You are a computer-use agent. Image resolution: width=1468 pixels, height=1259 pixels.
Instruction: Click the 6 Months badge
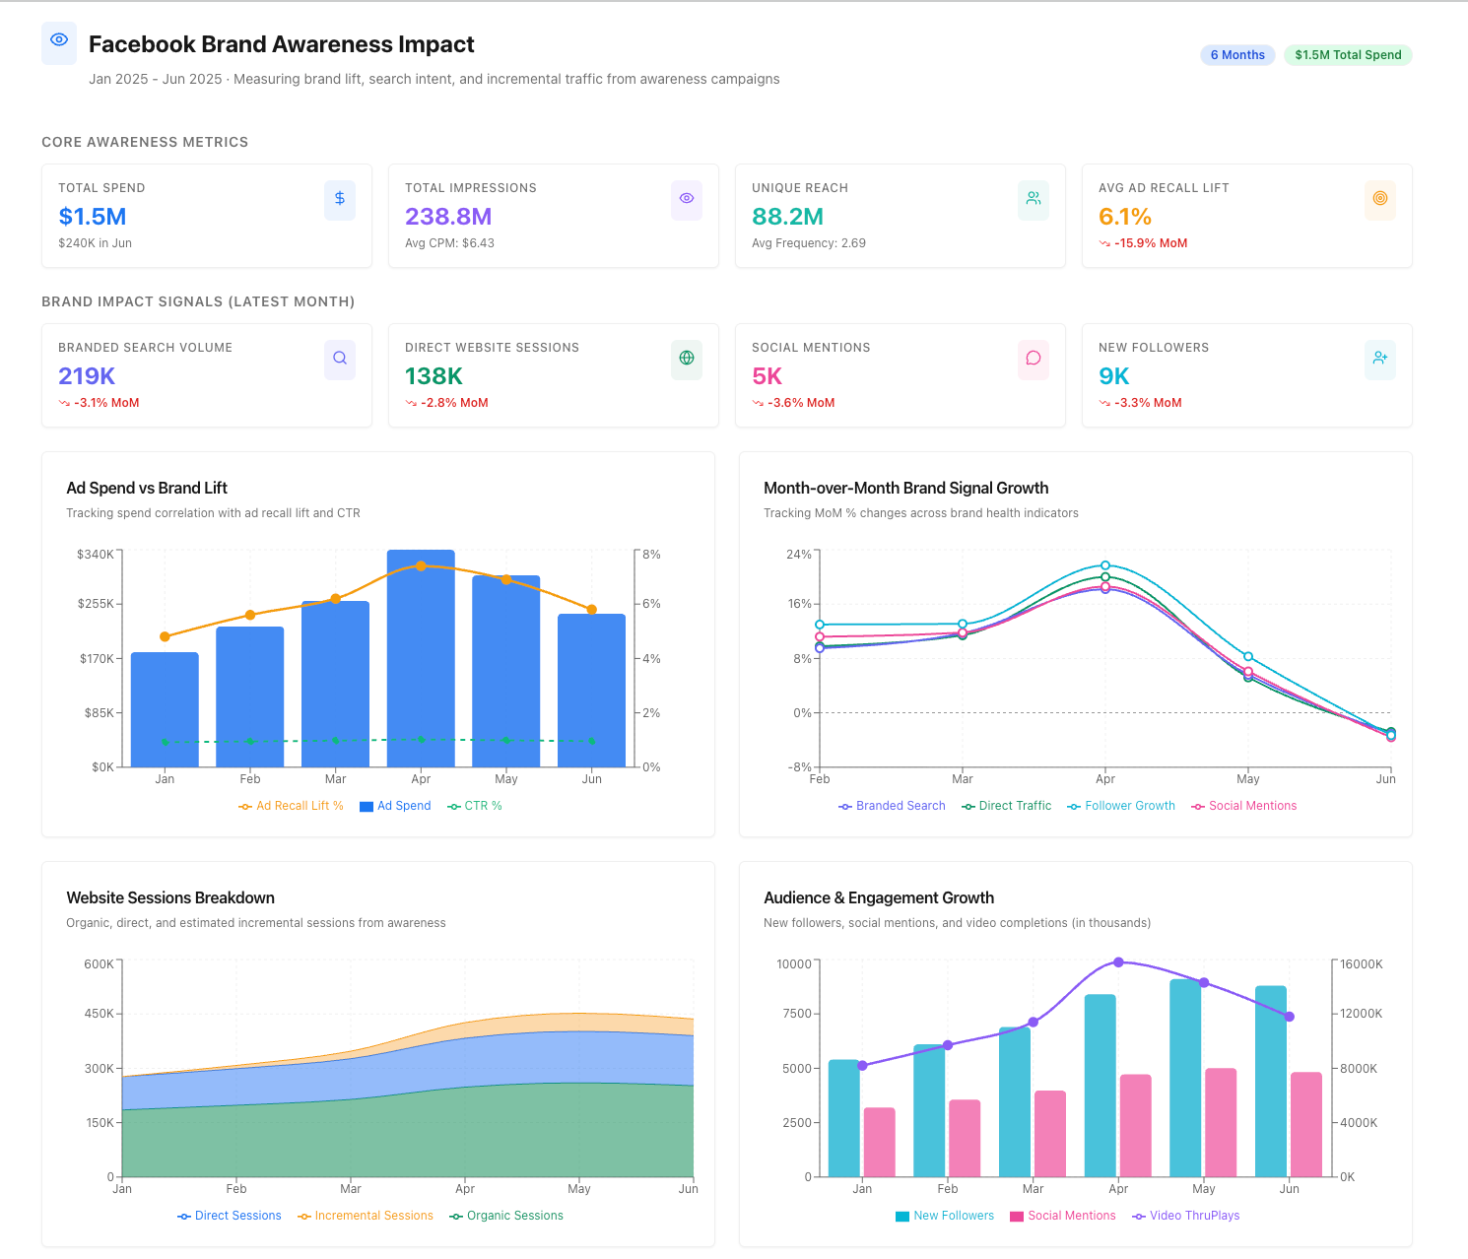[1236, 55]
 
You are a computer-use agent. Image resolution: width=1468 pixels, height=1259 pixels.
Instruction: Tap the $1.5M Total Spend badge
[1347, 55]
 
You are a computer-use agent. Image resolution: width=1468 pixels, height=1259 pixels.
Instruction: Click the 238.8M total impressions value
[448, 217]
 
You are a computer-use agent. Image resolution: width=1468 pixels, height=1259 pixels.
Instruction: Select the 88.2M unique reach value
[787, 217]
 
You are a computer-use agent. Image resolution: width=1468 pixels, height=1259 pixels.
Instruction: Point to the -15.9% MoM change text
[1150, 243]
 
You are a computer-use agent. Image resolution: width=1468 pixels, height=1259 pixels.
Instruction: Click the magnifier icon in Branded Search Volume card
[340, 359]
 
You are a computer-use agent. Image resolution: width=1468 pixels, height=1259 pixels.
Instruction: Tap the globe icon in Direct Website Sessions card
[687, 359]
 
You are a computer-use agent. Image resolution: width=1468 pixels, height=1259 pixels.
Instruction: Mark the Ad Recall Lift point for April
[421, 566]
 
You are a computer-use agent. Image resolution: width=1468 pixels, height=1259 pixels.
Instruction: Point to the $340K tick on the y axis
[96, 555]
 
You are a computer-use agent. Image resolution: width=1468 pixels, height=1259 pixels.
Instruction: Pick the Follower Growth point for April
[1105, 565]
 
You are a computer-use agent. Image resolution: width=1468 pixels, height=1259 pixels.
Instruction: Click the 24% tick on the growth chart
[798, 555]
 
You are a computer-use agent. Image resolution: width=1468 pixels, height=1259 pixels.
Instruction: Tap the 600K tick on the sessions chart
[99, 964]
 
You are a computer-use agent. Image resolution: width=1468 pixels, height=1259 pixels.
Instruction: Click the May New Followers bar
[1185, 1078]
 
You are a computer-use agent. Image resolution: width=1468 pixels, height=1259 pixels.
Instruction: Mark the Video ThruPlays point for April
[1118, 962]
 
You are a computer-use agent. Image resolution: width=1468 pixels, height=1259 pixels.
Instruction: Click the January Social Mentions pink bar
[880, 1142]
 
